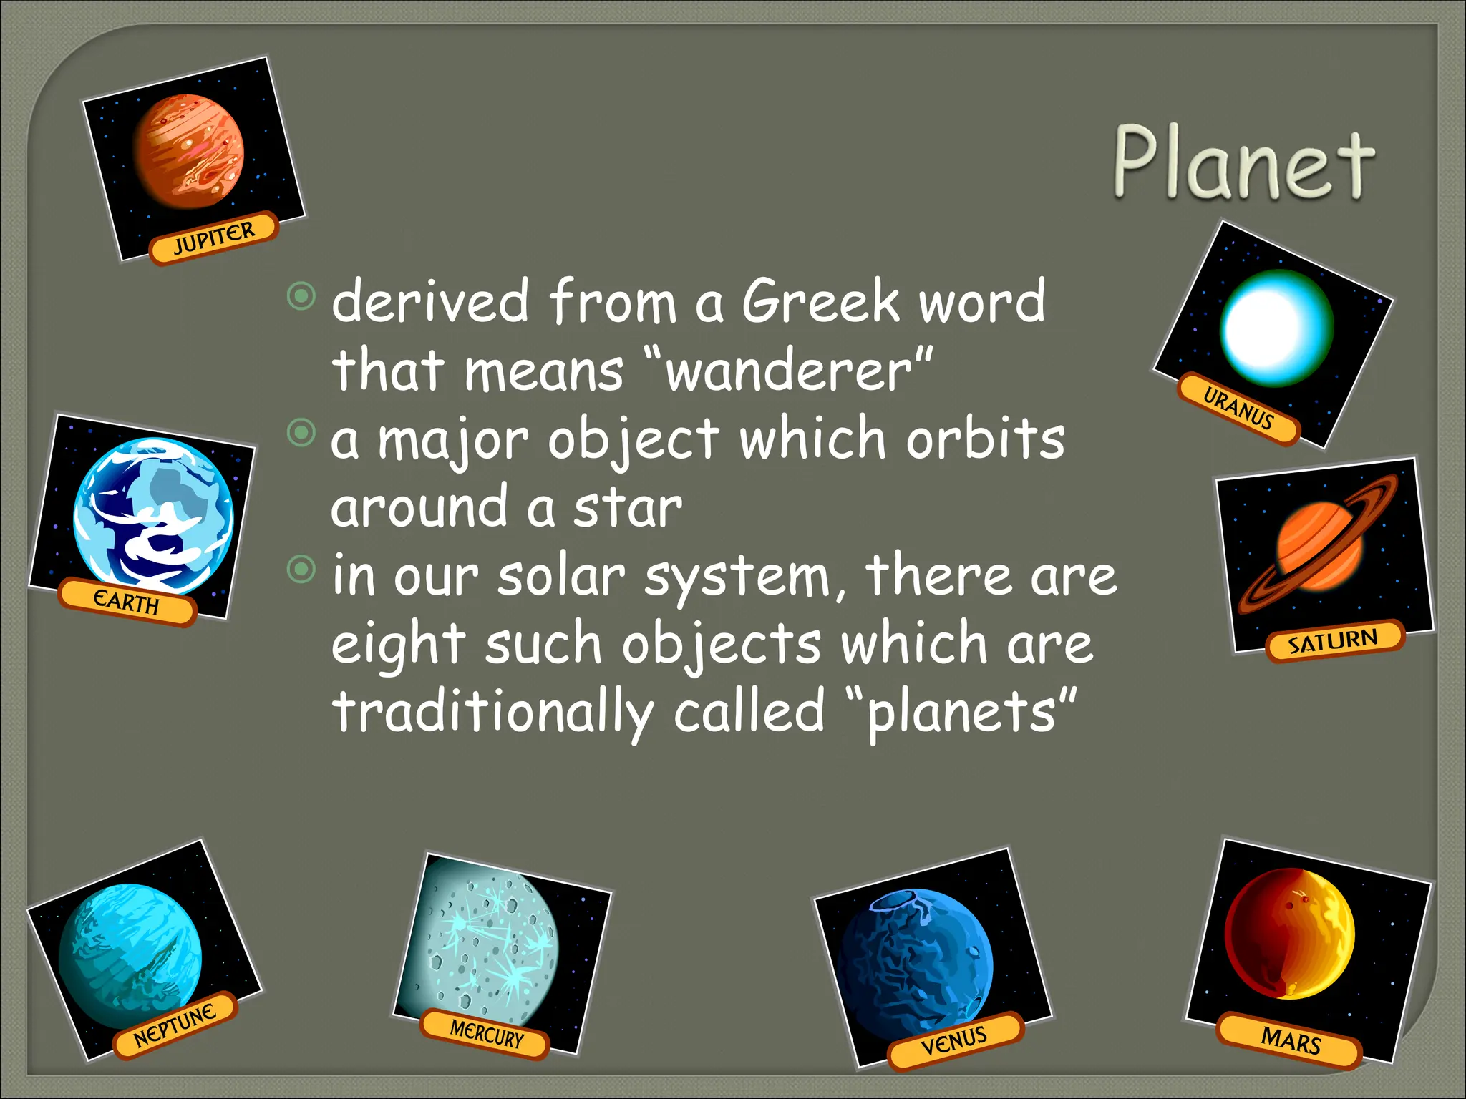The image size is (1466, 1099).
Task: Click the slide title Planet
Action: pos(1244,163)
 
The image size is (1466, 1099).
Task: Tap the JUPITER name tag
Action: pos(213,238)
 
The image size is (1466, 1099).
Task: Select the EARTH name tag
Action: pos(127,602)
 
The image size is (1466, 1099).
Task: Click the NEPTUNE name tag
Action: pos(175,1025)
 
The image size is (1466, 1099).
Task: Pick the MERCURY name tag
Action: pos(486,1035)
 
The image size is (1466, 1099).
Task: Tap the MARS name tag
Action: pos(1290,1040)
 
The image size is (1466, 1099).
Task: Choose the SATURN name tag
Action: pos(1334,640)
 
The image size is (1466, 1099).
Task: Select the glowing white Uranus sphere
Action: pos(1276,328)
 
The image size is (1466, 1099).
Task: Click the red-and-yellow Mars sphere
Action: pos(1289,934)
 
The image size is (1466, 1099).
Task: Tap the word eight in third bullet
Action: pos(398,644)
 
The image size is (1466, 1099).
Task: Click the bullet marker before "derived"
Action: pos(301,295)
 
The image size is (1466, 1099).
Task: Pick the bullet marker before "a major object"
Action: pos(301,431)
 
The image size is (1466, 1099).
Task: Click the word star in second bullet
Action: pos(627,508)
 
